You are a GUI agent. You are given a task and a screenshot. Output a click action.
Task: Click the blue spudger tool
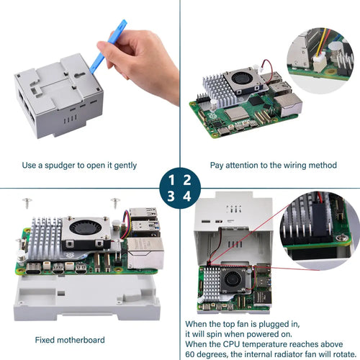coord(108,47)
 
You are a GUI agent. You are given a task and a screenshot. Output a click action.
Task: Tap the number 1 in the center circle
coord(171,180)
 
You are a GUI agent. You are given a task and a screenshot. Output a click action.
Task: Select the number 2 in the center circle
coord(187,180)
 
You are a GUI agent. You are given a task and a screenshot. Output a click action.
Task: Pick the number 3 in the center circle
coord(171,196)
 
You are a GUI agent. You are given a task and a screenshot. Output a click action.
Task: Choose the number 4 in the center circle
coord(187,196)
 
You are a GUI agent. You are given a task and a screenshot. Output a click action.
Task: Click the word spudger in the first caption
coord(60,166)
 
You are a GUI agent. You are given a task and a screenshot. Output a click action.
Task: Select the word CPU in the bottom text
coord(231,344)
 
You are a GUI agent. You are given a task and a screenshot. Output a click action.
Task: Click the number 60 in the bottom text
coord(190,354)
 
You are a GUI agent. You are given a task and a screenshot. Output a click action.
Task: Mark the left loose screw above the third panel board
coord(27,203)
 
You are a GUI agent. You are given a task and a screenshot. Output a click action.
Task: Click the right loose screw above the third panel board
coord(115,203)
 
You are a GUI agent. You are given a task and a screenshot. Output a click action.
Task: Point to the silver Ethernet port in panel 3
coord(145,253)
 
